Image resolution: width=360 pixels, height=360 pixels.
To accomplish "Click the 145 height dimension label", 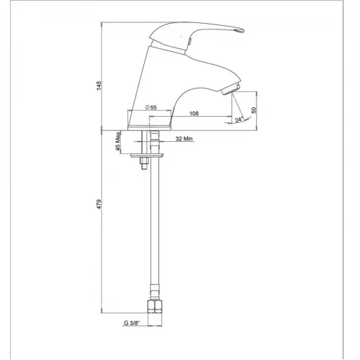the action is (99, 86).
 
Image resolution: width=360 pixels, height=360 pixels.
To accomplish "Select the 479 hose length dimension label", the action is (99, 204).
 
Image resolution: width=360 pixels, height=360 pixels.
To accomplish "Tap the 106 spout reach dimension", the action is (194, 113).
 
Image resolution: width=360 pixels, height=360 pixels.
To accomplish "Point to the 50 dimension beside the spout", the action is (254, 110).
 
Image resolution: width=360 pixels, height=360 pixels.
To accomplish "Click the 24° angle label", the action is (239, 120).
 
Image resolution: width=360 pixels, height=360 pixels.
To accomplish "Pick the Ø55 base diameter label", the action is (151, 107).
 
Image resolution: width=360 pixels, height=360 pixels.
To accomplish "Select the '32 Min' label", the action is (184, 139).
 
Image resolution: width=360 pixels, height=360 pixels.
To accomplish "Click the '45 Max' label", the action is (118, 141).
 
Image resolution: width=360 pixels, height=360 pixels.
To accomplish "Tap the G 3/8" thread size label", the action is (132, 323).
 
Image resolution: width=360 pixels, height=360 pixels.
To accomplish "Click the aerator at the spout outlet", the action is (231, 89).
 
